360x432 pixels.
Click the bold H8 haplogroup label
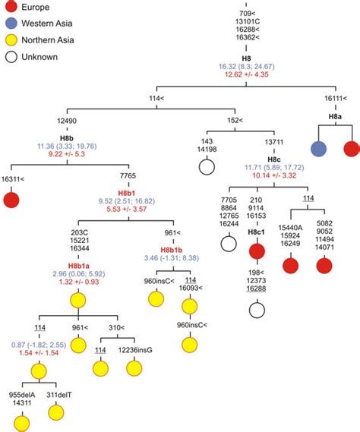tap(245, 57)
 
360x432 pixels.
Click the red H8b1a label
tap(80, 266)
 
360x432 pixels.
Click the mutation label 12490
tap(68, 121)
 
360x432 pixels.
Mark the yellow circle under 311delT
tap(56, 412)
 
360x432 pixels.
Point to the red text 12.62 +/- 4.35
tap(245, 75)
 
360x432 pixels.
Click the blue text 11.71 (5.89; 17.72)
tap(273, 166)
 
